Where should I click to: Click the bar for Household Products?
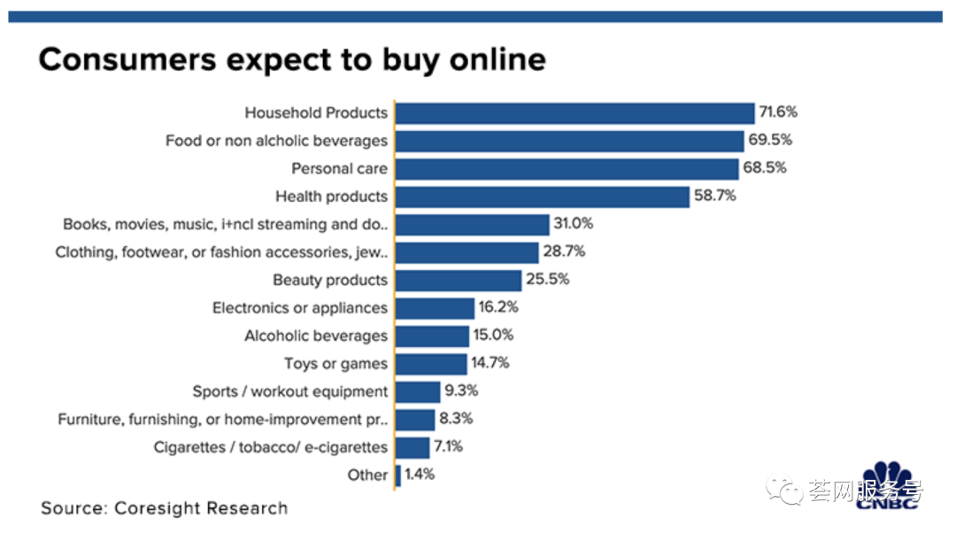[x=574, y=112]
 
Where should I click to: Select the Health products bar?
[x=542, y=197]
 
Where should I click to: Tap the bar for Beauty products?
[x=458, y=281]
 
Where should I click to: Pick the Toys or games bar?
[x=430, y=364]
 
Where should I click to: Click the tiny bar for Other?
[x=398, y=475]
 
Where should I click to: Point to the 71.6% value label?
[x=779, y=112]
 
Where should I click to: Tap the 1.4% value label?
[x=420, y=475]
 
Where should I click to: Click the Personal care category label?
[x=340, y=168]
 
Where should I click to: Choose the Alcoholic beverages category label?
[x=316, y=336]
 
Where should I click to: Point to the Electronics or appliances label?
[x=300, y=308]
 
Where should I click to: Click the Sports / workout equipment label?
[x=290, y=391]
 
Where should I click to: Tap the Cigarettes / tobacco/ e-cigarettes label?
[x=271, y=447]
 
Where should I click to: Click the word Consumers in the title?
[x=128, y=59]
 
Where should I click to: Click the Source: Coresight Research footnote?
[x=165, y=509]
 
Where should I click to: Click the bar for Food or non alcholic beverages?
[x=569, y=141]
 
